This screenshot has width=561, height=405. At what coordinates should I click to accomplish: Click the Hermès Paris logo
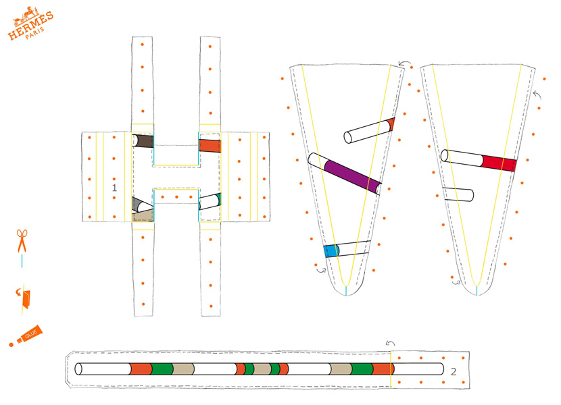pos(30,24)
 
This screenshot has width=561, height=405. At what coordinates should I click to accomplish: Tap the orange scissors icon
pos(22,241)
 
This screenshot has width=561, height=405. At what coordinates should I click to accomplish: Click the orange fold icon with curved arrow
pos(24,298)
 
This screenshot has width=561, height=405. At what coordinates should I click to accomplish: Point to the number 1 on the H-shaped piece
pos(114,188)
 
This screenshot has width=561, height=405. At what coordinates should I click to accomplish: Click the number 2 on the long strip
pos(454,372)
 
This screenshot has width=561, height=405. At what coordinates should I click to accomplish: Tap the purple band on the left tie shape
pos(352,177)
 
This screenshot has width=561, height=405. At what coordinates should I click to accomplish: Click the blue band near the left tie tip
pos(331,251)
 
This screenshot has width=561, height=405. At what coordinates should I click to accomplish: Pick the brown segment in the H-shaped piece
pos(144,141)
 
